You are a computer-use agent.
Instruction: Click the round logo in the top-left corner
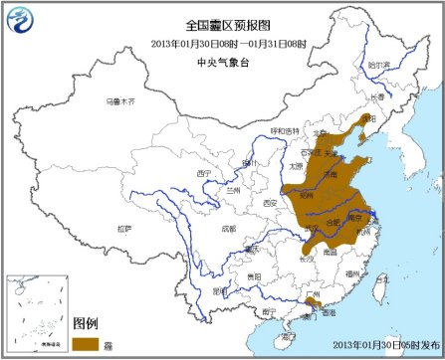coord(20,18)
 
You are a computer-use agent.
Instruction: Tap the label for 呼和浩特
coord(283,130)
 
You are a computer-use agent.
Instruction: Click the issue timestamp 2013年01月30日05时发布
coord(377,345)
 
